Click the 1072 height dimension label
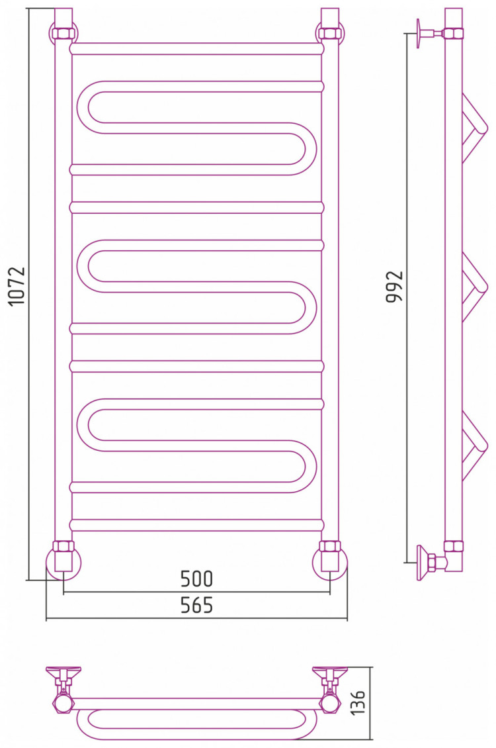(x=17, y=286)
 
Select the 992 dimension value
(x=394, y=287)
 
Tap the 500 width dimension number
(x=196, y=579)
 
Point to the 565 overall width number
(x=196, y=605)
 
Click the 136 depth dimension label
(x=357, y=702)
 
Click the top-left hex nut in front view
(x=63, y=34)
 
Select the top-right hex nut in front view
(x=330, y=34)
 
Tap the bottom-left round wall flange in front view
(x=63, y=563)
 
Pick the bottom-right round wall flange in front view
(x=330, y=563)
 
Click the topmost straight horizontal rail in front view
(x=197, y=49)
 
